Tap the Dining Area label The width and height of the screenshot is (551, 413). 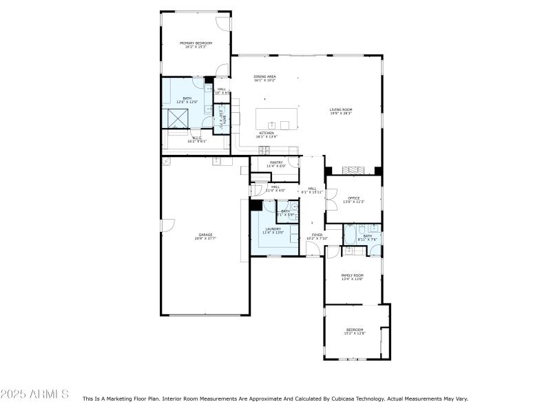pyautogui.click(x=264, y=78)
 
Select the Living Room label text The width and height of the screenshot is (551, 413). pyautogui.click(x=340, y=111)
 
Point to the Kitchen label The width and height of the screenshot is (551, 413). pyautogui.click(x=267, y=134)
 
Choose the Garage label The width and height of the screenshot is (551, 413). pyautogui.click(x=205, y=236)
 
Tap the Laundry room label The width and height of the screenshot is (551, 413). pyautogui.click(x=273, y=230)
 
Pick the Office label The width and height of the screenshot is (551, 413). pyautogui.click(x=353, y=200)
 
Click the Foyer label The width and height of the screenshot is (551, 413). pyautogui.click(x=317, y=236)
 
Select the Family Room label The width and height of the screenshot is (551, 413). pyautogui.click(x=353, y=277)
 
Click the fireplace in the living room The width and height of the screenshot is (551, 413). pyautogui.click(x=352, y=169)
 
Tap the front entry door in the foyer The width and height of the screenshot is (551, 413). pyautogui.click(x=313, y=256)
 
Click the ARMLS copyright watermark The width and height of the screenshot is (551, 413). pyautogui.click(x=34, y=394)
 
